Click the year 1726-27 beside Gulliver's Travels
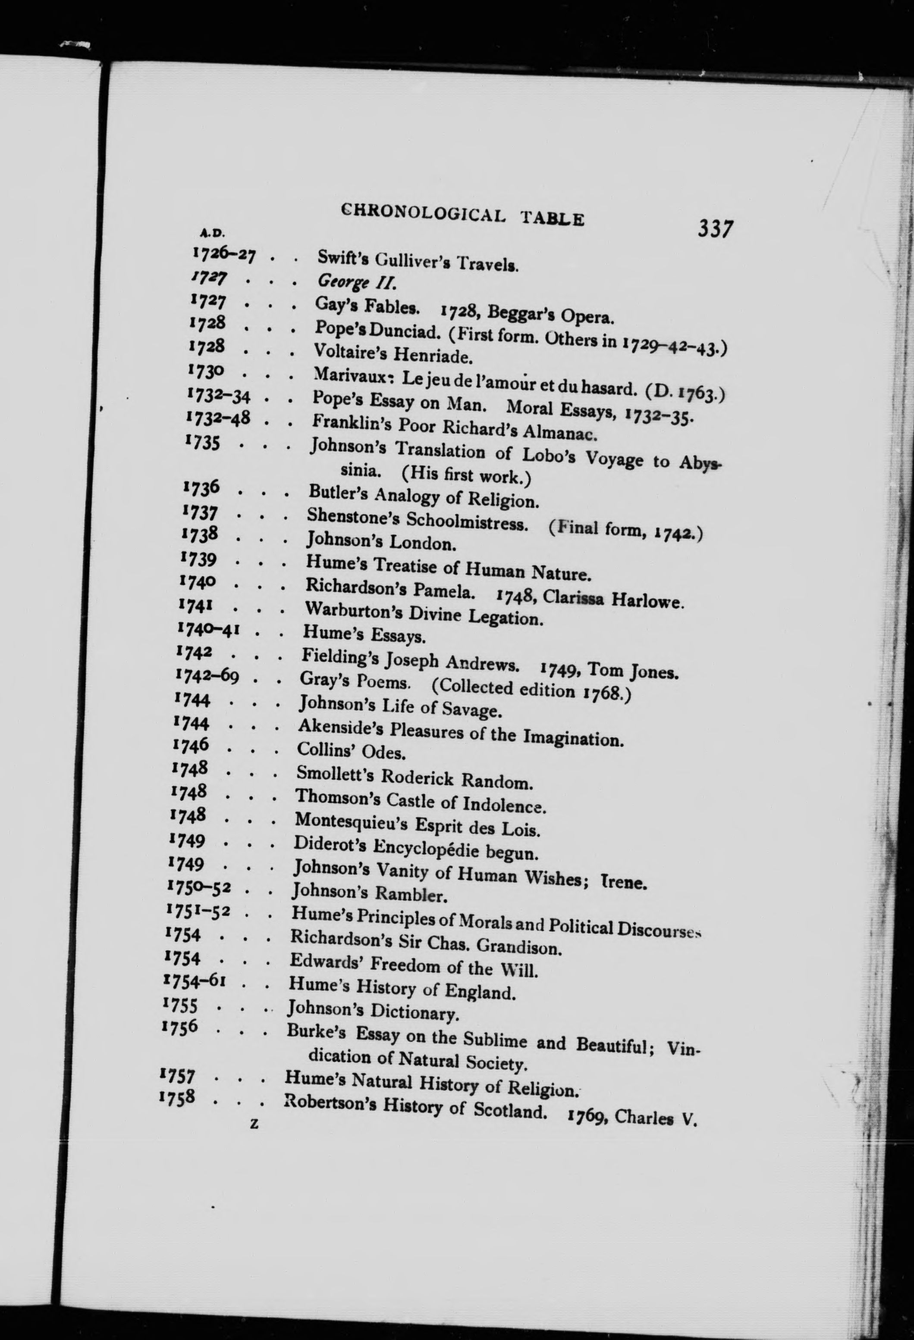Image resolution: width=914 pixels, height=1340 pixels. point(224,254)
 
